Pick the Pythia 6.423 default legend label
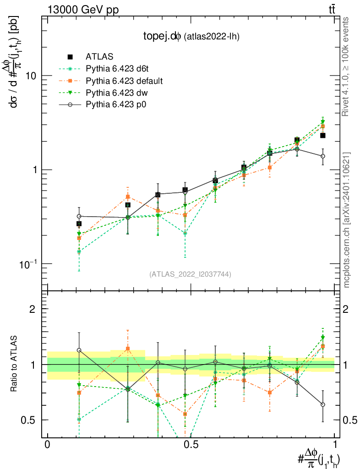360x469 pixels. click(124, 81)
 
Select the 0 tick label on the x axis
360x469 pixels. click(47, 444)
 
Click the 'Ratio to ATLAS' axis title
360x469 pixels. click(15, 365)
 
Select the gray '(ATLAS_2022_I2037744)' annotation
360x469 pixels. click(190, 274)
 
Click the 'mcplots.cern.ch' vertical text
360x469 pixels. click(347, 220)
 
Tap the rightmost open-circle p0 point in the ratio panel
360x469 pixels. click(323, 404)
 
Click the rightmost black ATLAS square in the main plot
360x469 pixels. click(323, 135)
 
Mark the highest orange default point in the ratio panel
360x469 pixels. click(128, 349)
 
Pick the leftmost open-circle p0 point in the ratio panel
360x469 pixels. click(79, 350)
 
